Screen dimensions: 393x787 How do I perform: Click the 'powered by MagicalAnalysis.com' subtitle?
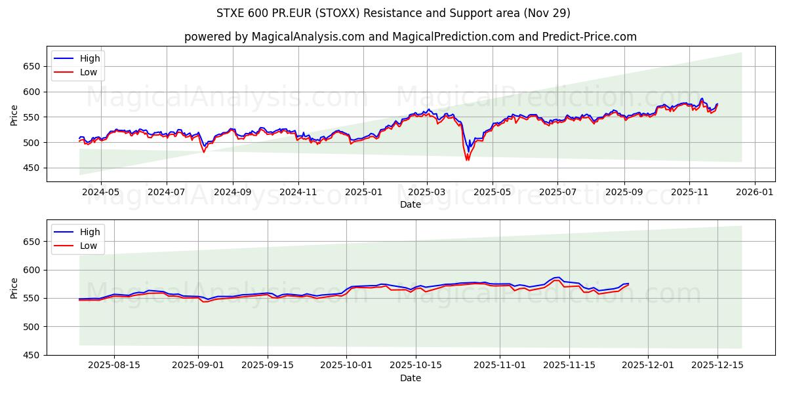pyautogui.click(x=411, y=37)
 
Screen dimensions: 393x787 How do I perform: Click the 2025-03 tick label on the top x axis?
pyautogui.click(x=427, y=193)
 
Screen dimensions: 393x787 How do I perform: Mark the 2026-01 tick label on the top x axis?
pyautogui.click(x=754, y=193)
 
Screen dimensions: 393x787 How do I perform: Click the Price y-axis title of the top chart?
pyautogui.click(x=14, y=115)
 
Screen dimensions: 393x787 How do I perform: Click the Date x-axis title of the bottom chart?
pyautogui.click(x=411, y=378)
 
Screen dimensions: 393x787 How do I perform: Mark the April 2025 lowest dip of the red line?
pyautogui.click(x=467, y=160)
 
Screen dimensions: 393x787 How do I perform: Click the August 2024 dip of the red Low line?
pyautogui.click(x=203, y=152)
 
